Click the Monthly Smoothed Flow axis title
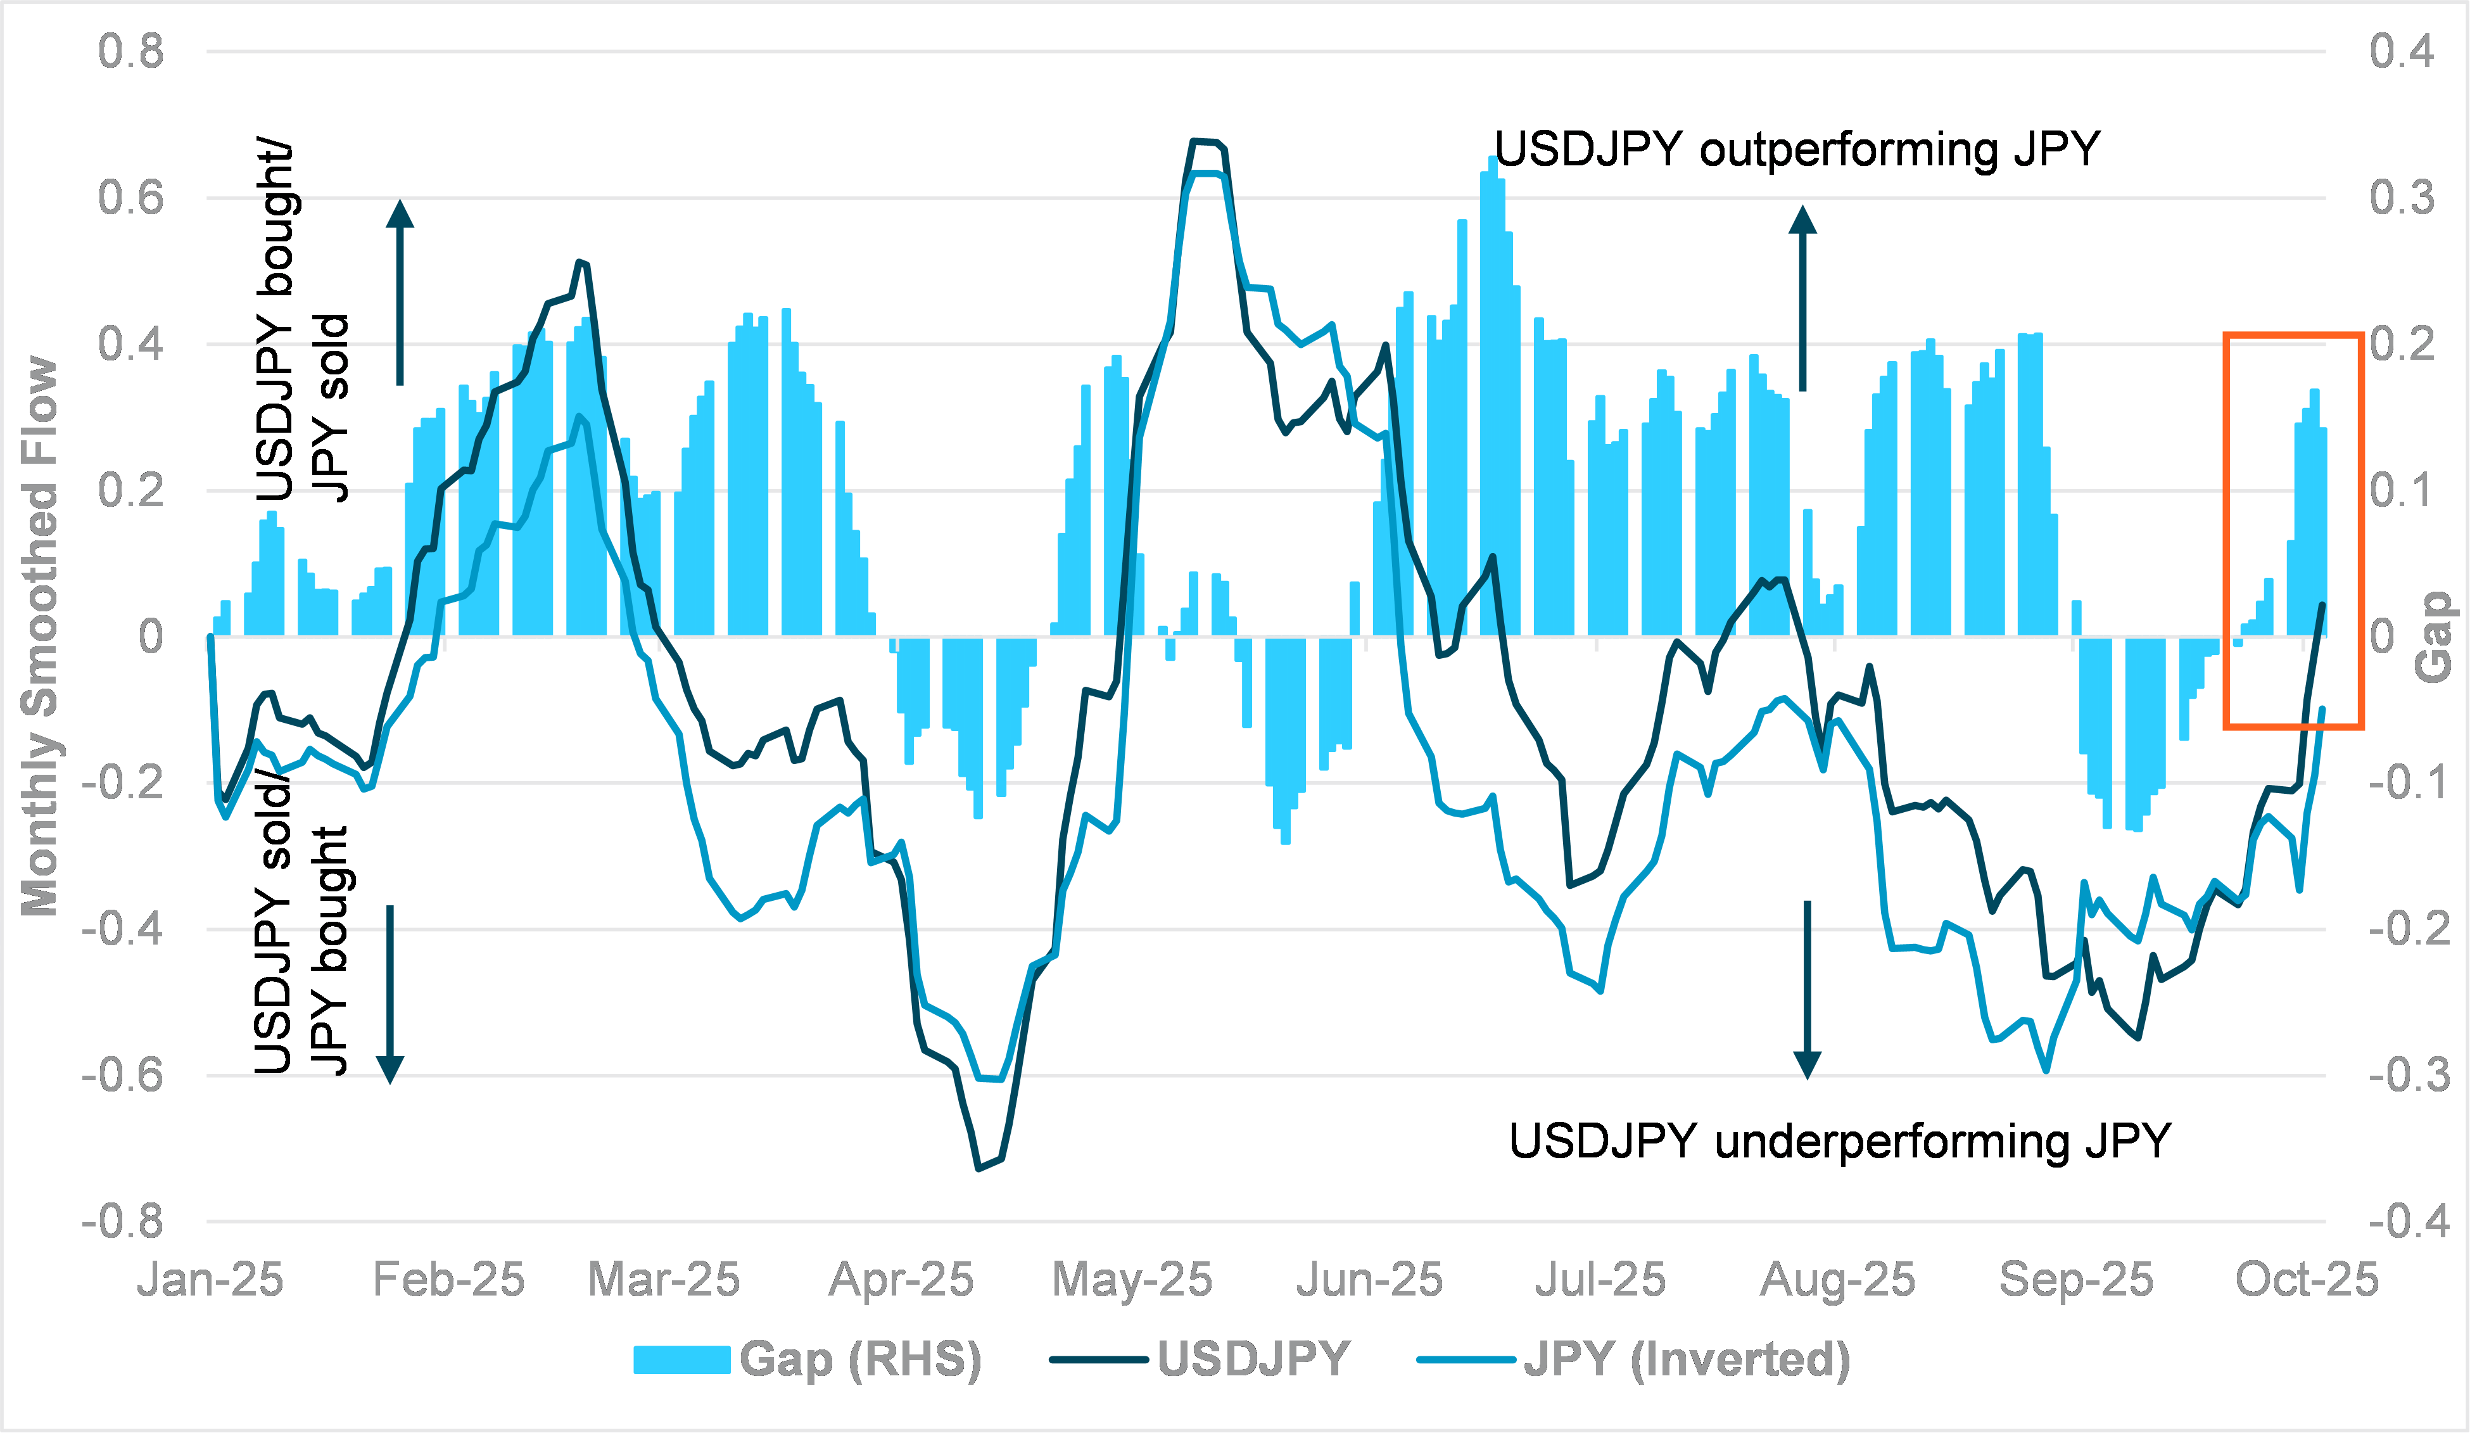[x=39, y=637]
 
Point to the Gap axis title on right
[x=2434, y=637]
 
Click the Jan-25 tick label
[x=210, y=1279]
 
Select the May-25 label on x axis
[x=1132, y=1279]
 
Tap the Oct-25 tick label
[x=2307, y=1279]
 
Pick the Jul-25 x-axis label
[x=1600, y=1279]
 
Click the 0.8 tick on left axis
[x=130, y=51]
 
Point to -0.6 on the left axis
[x=122, y=1075]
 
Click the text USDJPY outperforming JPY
[x=1797, y=150]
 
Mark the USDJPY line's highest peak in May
[x=1206, y=142]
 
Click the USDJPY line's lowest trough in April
[x=978, y=1168]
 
